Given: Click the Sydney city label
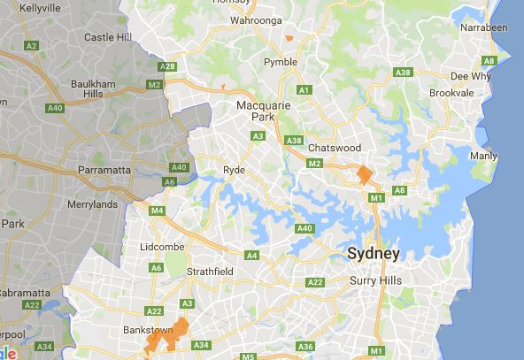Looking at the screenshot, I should coord(373,254).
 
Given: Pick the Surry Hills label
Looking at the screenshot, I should coord(375,280).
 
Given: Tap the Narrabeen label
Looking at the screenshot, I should coord(484,27).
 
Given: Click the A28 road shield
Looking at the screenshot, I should coord(166,66).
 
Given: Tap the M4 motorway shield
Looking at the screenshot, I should coord(158,211).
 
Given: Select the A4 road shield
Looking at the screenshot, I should coord(252,256).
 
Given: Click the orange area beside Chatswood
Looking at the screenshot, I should coord(364,172).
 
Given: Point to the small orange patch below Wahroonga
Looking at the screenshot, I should coord(289,38).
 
